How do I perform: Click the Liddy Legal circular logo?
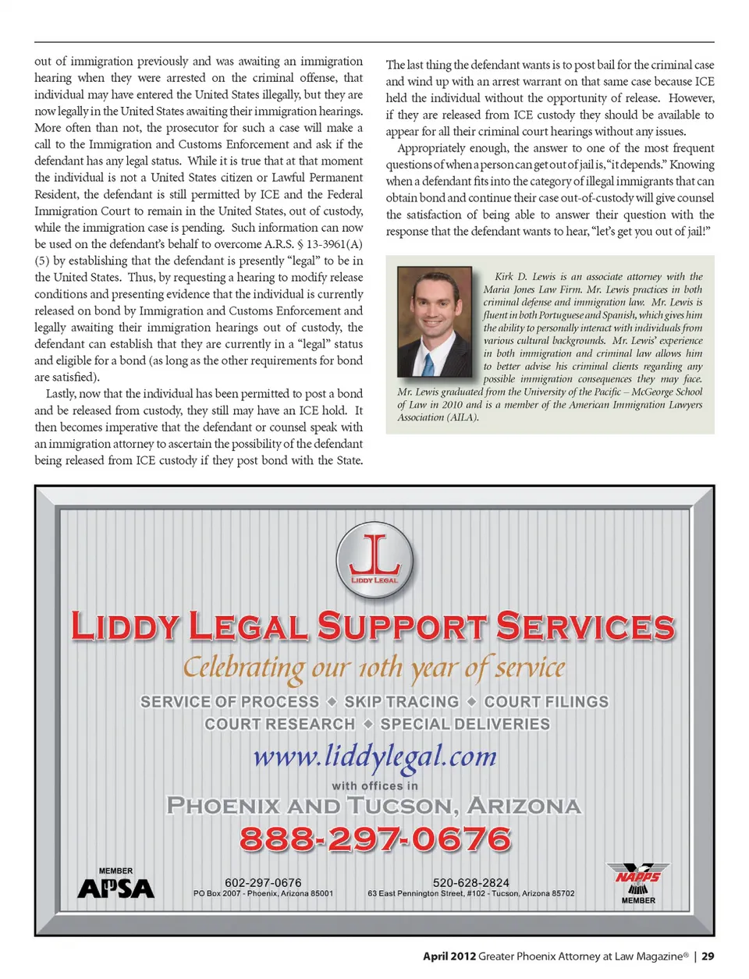tap(374, 560)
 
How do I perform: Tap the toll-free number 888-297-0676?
tap(375, 839)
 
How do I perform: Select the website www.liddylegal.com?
tap(375, 756)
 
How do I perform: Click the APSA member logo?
tap(115, 886)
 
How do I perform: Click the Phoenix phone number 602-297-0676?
tap(263, 882)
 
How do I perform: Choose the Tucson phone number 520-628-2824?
tap(470, 882)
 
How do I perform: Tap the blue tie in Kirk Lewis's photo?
tap(428, 364)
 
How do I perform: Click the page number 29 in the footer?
tap(708, 956)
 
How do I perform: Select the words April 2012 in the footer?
tap(449, 956)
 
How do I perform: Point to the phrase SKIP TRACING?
tap(402, 702)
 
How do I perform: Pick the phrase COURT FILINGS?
tap(546, 702)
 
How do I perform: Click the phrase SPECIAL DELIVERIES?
tap(465, 724)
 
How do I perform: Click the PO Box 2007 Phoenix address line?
tap(263, 894)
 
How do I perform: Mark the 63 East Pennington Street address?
tap(470, 894)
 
